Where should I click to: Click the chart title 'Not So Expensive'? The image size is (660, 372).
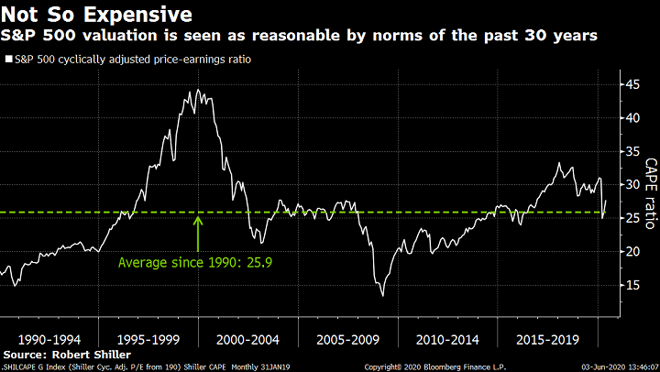tap(96, 15)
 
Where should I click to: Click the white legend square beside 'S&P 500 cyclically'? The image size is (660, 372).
tap(8, 60)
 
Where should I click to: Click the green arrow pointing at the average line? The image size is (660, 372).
tap(198, 231)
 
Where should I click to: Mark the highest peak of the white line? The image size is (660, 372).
tap(198, 89)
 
